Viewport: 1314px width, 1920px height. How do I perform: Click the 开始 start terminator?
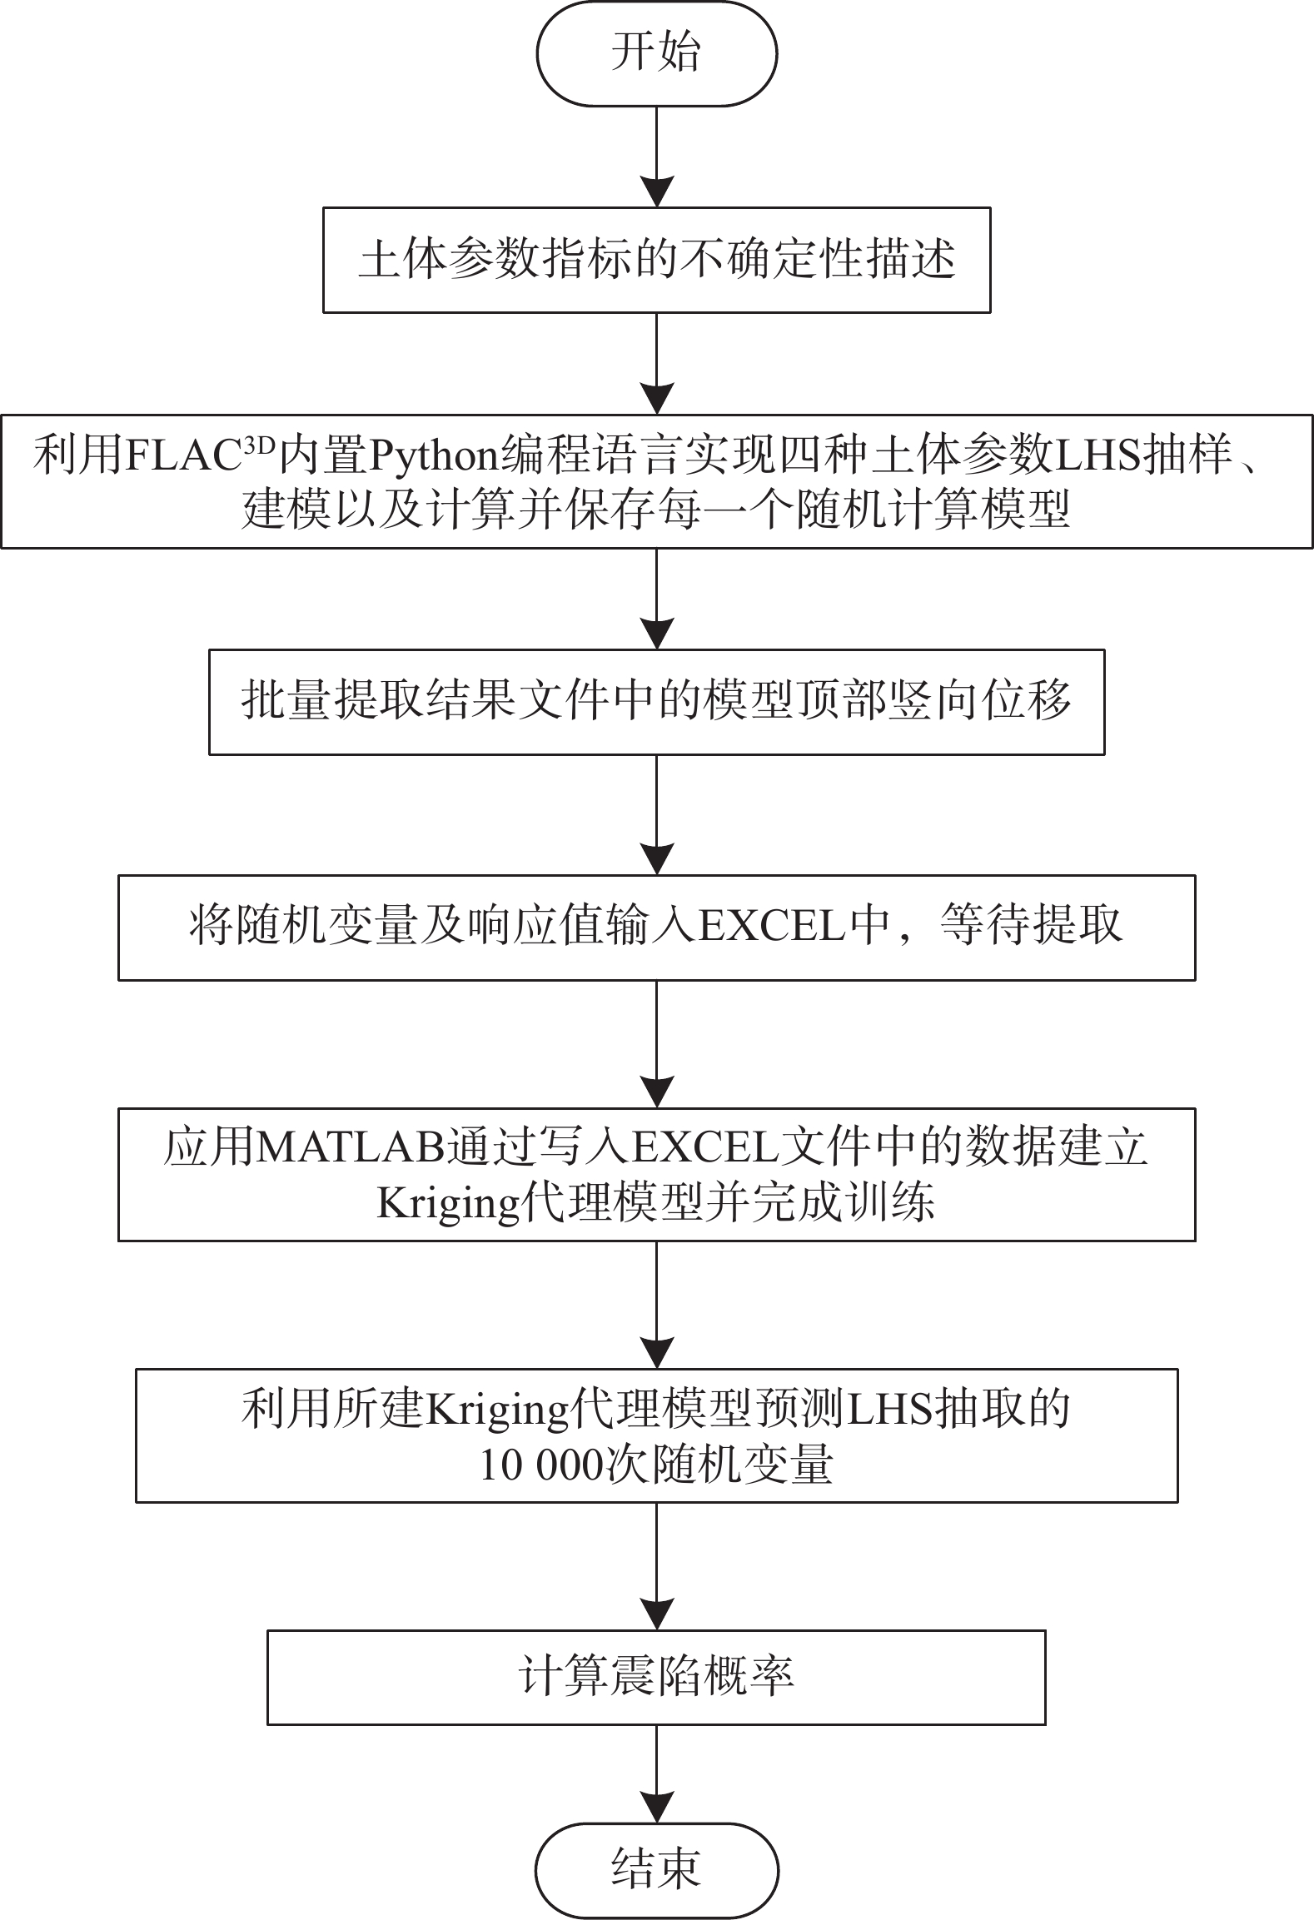pos(656,53)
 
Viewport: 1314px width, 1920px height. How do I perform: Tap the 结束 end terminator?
pos(656,1868)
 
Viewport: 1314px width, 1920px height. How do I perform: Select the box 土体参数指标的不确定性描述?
pos(656,260)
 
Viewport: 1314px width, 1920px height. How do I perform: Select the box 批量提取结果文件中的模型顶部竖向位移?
pos(656,702)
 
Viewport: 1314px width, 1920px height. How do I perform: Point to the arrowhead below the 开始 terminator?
pos(657,192)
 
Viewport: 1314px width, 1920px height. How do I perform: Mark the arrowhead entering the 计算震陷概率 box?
pos(657,1614)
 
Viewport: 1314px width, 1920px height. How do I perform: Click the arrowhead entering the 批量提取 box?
pos(657,634)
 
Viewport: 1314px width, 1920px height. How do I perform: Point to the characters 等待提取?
pos(1031,926)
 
